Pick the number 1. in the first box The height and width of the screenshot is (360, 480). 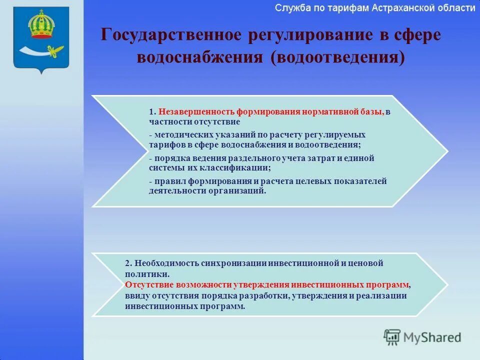[x=152, y=112]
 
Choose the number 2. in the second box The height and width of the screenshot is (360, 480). [x=128, y=263]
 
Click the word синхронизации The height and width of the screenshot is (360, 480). [x=234, y=263]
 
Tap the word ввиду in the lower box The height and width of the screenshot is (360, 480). [x=136, y=295]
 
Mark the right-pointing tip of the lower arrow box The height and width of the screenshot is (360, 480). [x=446, y=284]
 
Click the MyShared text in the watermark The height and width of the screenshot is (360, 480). [x=432, y=337]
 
